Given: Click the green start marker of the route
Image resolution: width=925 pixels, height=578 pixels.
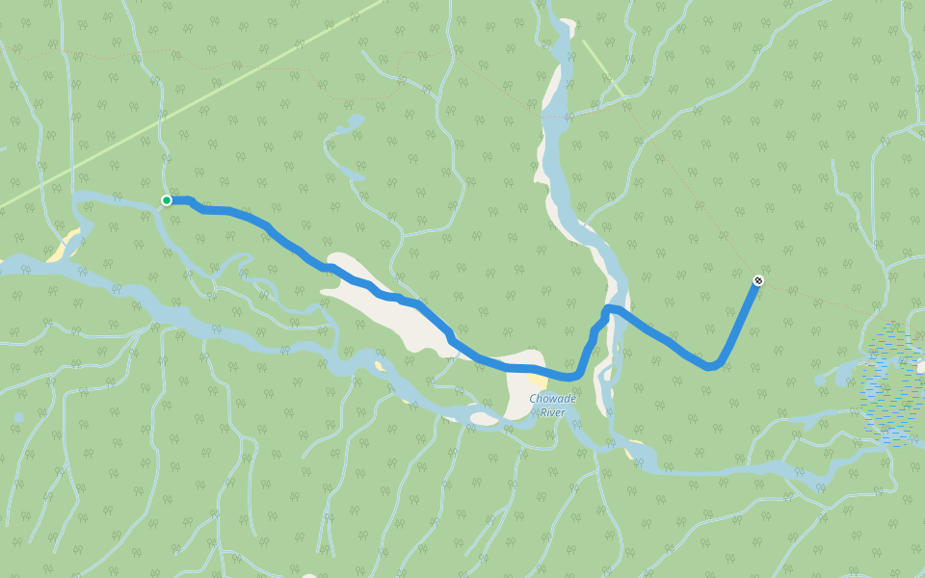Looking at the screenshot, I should pyautogui.click(x=167, y=200).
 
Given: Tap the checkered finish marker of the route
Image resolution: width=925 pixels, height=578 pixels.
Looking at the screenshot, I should pyautogui.click(x=757, y=280).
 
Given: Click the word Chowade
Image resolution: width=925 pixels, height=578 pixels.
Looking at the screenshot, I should pyautogui.click(x=552, y=399).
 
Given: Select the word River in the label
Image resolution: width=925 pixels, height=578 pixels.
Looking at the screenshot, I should pyautogui.click(x=552, y=412).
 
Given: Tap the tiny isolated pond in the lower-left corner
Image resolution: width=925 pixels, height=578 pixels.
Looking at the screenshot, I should pyautogui.click(x=18, y=417).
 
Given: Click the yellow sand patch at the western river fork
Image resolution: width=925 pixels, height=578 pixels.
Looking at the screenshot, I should pyautogui.click(x=64, y=247).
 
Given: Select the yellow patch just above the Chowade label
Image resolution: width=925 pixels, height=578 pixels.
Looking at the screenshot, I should pyautogui.click(x=536, y=381).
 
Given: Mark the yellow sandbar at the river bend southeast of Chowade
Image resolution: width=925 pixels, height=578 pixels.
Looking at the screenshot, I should pyautogui.click(x=633, y=452).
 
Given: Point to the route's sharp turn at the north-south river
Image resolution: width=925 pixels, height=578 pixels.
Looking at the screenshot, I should pyautogui.click(x=607, y=310).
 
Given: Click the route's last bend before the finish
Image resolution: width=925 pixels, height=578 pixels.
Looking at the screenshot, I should pyautogui.click(x=712, y=366).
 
